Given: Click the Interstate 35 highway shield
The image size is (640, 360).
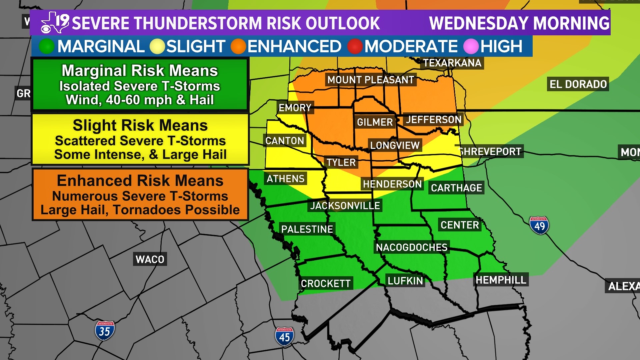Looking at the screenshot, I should click(x=105, y=330).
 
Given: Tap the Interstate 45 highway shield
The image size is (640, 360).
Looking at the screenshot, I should click(x=284, y=336).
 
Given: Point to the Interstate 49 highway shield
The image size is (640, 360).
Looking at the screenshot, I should click(x=539, y=225).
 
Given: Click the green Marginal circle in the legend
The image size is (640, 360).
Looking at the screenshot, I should click(x=46, y=46).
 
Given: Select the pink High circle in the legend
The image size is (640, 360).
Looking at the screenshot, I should click(x=471, y=46).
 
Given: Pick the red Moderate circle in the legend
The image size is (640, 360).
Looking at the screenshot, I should click(x=355, y=46).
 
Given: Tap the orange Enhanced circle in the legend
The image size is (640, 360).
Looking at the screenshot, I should click(x=238, y=46).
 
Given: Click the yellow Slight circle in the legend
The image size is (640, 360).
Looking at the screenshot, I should click(x=157, y=46).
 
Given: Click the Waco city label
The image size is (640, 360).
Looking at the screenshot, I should click(x=150, y=259).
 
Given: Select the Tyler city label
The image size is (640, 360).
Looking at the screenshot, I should click(x=341, y=162).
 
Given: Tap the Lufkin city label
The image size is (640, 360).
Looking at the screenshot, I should click(x=405, y=281).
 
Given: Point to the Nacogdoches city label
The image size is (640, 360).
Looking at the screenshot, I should click(x=412, y=247).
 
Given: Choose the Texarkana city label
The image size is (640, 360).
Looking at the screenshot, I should click(x=452, y=63).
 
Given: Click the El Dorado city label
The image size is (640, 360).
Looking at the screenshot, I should click(x=578, y=84).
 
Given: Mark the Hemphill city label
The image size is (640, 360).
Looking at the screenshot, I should click(x=501, y=280).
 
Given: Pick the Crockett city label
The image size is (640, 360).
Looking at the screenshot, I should click(x=326, y=283).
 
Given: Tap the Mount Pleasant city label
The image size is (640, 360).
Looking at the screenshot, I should click(x=371, y=80).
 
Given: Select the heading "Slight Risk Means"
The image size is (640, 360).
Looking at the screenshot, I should click(x=140, y=125).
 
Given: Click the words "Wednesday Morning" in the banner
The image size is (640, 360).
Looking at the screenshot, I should click(x=519, y=23).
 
